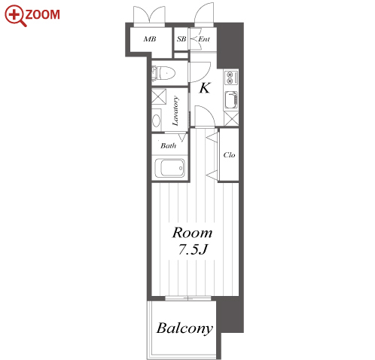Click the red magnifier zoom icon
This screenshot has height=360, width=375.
[x=15, y=16]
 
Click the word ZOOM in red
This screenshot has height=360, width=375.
[x=42, y=14]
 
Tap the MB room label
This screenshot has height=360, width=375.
[x=150, y=39]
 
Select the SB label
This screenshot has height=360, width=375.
[x=181, y=39]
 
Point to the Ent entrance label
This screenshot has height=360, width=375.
[x=204, y=39]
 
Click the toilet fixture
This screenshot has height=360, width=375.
[x=163, y=73]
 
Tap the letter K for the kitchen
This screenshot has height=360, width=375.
[x=205, y=88]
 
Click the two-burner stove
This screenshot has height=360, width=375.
[x=230, y=78]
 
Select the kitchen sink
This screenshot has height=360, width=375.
[x=231, y=99]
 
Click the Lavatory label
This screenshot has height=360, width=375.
[x=175, y=111]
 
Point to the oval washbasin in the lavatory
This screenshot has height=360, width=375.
[x=157, y=121]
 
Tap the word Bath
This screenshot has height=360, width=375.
[x=169, y=145]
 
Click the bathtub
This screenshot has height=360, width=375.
[x=169, y=168]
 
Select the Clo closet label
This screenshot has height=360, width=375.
[x=229, y=155]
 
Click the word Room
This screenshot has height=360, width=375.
[x=193, y=233]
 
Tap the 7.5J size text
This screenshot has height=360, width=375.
[x=193, y=249]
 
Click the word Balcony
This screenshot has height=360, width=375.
[x=184, y=328]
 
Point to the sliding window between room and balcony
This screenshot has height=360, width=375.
[x=188, y=298]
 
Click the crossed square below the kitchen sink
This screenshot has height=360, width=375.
[x=231, y=118]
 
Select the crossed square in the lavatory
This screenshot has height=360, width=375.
[x=159, y=96]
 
